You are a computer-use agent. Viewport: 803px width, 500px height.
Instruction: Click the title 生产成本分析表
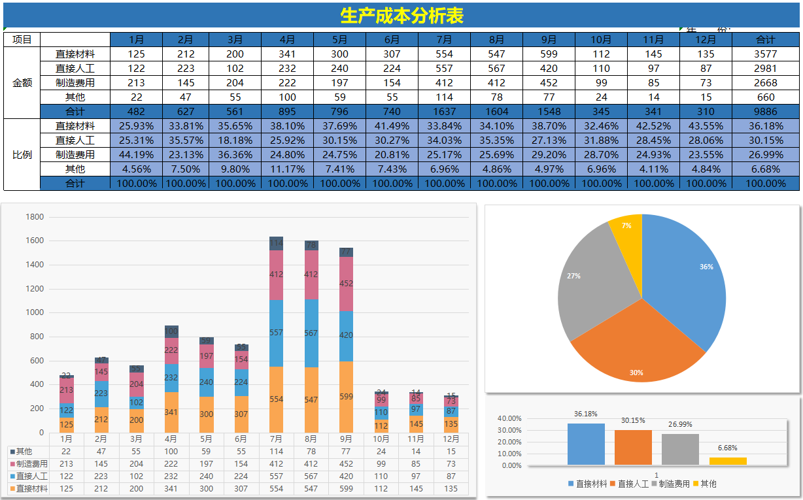(x=401, y=16)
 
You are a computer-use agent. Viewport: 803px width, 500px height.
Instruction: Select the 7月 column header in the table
(x=444, y=39)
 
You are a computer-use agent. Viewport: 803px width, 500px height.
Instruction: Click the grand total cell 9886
(x=765, y=111)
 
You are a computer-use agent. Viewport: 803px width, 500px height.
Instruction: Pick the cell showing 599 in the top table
(x=549, y=54)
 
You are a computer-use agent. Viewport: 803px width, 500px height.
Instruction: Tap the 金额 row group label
(x=22, y=83)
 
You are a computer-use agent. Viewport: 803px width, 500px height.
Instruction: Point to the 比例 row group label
(x=22, y=155)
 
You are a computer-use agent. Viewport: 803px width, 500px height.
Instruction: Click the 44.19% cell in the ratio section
(x=137, y=155)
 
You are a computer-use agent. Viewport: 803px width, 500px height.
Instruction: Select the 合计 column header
(x=765, y=39)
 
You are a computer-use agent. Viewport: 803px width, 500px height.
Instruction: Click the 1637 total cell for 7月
(x=444, y=111)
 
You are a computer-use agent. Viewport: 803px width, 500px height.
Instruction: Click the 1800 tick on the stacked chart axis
(x=35, y=217)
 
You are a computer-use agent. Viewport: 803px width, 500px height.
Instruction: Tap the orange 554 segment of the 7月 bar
(x=276, y=399)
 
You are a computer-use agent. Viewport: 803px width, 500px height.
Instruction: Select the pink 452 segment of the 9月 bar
(x=346, y=284)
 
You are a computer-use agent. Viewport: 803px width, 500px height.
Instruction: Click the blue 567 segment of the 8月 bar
(x=311, y=333)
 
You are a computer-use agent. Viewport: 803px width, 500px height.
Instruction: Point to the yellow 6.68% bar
(x=728, y=461)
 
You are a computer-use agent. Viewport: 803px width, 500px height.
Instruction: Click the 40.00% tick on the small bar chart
(x=509, y=418)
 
